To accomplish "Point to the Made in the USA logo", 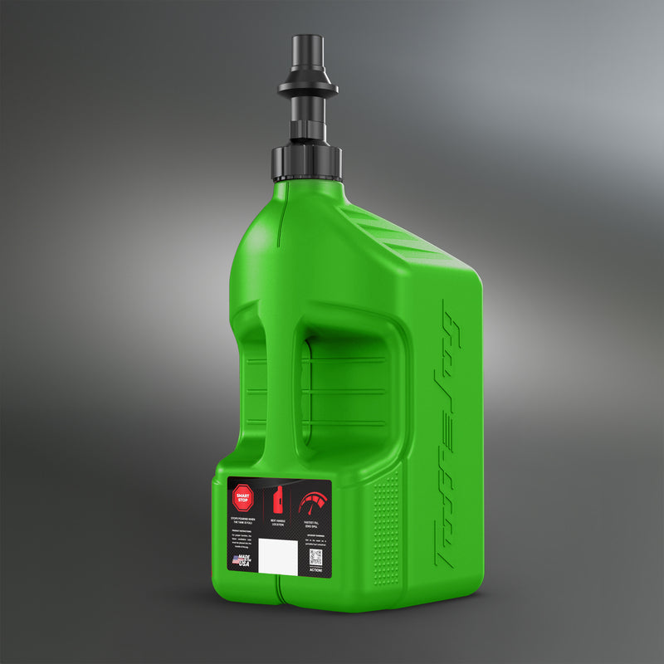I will point(243,561).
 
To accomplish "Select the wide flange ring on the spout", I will point(307,86).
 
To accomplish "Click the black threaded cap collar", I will point(306,161).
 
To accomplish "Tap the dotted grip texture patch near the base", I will point(386,531).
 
